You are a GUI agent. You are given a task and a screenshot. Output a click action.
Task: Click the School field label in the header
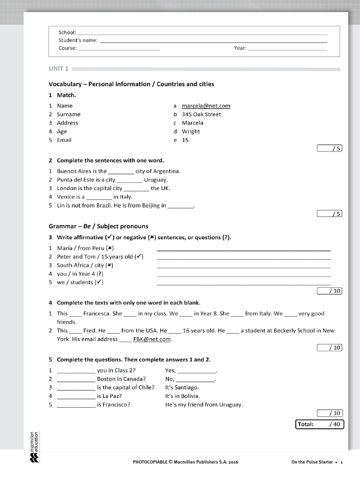pos(67,32)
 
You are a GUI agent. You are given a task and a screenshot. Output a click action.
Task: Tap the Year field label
pos(240,48)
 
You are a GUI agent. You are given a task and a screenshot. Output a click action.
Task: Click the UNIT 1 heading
pos(59,69)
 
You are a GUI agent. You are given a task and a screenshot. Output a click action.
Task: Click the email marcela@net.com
pos(206,106)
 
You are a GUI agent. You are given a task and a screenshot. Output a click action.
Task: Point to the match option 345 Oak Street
pos(201,114)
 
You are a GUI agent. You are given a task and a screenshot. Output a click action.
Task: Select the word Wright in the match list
pos(191,132)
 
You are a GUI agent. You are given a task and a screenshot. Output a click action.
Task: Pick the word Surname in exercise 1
pos(68,114)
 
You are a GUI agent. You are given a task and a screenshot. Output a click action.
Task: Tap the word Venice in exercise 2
pos(66,197)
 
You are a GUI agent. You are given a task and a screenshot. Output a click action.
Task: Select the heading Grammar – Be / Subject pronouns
pos(98,226)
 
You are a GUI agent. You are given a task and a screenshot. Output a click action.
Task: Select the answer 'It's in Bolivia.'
pos(183,396)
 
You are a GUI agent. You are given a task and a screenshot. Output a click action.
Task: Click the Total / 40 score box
pos(320,424)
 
